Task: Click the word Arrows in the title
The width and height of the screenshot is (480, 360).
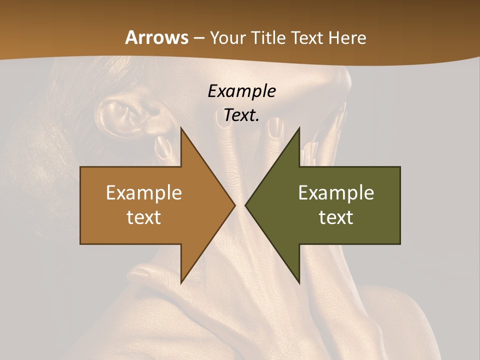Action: tap(156, 37)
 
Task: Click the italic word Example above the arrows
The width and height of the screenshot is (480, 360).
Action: tap(241, 91)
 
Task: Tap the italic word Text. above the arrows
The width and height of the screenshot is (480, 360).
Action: tap(241, 115)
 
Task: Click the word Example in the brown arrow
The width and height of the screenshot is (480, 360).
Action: tap(144, 192)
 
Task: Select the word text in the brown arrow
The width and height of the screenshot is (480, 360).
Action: tap(144, 217)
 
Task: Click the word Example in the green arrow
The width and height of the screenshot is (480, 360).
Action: tap(336, 192)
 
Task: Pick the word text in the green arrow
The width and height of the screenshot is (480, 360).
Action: tap(336, 217)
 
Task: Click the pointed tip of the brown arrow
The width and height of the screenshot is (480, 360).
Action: tap(235, 205)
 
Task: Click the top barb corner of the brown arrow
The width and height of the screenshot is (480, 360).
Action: tap(181, 128)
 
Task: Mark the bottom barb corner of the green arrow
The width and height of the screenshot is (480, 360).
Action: tap(299, 283)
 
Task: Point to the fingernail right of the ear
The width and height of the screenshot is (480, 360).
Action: tap(162, 146)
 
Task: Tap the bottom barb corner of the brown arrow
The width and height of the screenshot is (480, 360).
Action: tap(181, 283)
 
